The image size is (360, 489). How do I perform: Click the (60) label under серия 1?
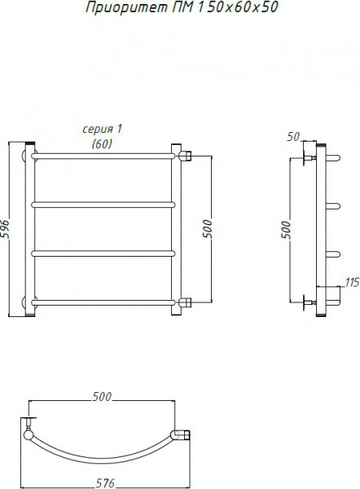tap(103, 143)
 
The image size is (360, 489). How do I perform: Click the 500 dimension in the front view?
tap(207, 230)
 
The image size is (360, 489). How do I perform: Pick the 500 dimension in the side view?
tap(285, 230)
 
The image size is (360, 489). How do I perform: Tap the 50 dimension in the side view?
tap(293, 137)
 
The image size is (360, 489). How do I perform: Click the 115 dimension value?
tap(352, 282)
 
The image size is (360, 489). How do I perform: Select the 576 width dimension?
tap(104, 483)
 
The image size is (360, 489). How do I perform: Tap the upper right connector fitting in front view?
tap(185, 155)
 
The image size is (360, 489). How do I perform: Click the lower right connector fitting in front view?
tap(185, 303)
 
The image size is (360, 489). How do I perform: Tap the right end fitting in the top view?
tap(182, 436)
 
